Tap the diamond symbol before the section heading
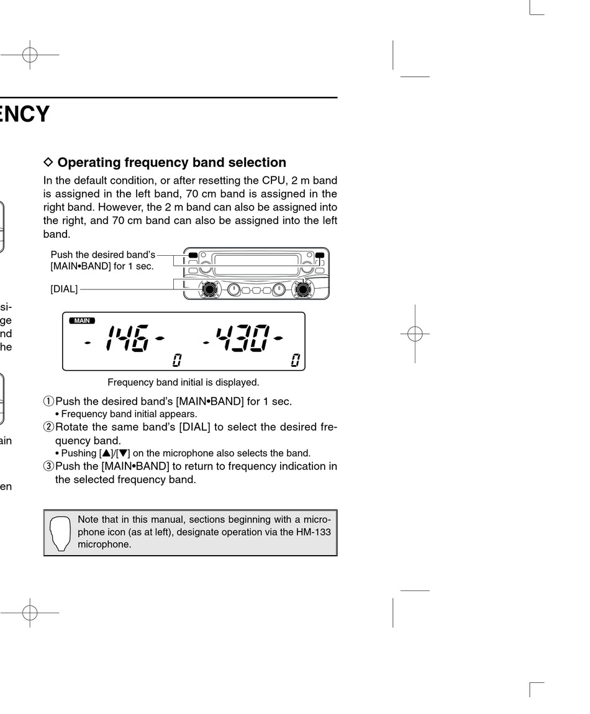click(x=49, y=162)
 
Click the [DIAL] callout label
click(x=64, y=289)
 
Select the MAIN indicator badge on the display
click(x=82, y=320)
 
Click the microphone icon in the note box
click(x=60, y=533)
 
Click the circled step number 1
click(x=48, y=401)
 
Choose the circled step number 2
click(x=48, y=427)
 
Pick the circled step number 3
click(x=48, y=466)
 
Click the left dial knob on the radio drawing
click(x=210, y=289)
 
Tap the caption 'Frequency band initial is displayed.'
click(x=183, y=382)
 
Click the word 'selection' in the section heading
click(x=257, y=162)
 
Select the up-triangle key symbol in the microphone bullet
click(x=106, y=453)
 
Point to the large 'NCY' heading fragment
click(x=25, y=114)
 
